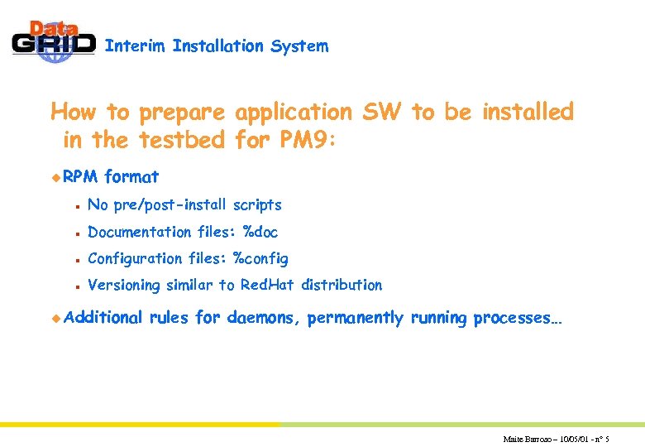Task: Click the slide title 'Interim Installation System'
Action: point(217,46)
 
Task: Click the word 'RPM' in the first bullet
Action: point(81,176)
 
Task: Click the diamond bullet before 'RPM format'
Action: point(56,176)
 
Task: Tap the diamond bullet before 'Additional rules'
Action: point(56,318)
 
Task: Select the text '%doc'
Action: point(260,233)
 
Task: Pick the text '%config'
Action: point(260,259)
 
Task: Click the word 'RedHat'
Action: point(268,286)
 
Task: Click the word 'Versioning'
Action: point(124,286)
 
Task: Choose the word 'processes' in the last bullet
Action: point(516,318)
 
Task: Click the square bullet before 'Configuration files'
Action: point(75,259)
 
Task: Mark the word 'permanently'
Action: point(356,318)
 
